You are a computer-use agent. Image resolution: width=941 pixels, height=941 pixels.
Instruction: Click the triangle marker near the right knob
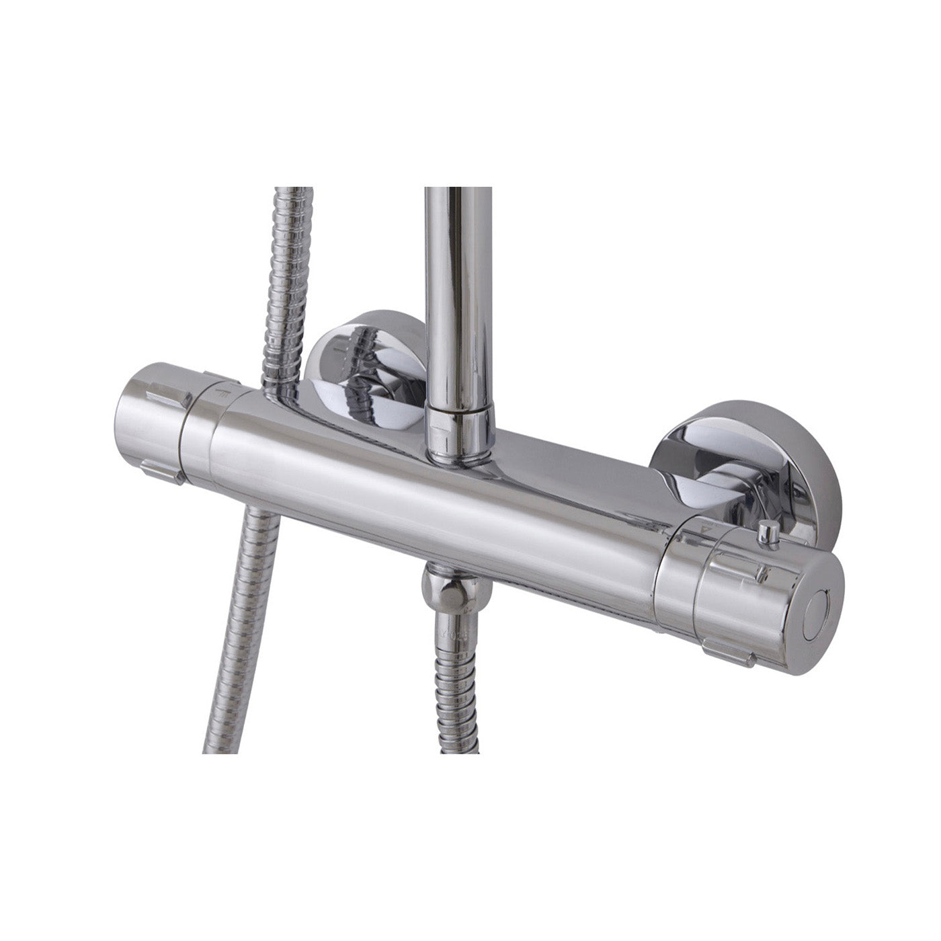[x=705, y=530]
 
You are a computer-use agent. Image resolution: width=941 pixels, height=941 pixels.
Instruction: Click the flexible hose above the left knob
[x=285, y=282]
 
